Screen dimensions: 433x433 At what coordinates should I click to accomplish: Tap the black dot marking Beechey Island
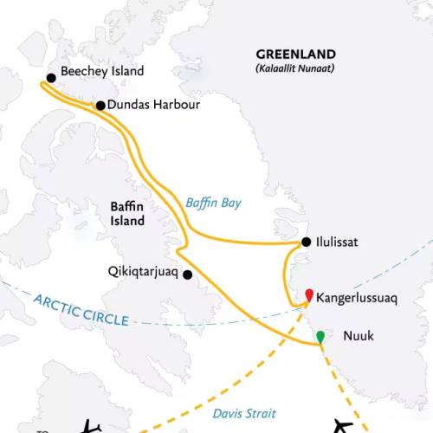pos(51,78)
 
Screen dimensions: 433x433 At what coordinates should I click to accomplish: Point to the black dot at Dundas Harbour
pos(100,106)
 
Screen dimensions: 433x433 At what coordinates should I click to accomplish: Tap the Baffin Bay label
pos(213,203)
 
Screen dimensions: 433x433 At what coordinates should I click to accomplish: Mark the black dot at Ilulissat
pos(306,243)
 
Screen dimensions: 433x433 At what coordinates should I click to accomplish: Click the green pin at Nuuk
pos(321,336)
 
